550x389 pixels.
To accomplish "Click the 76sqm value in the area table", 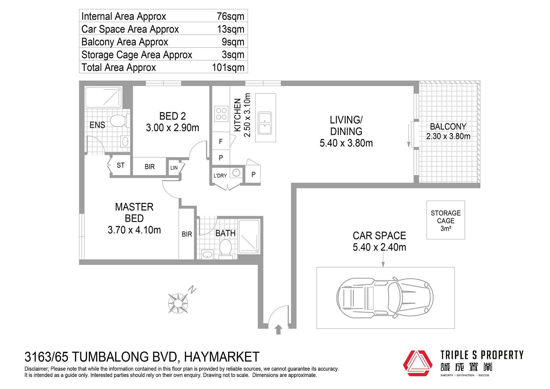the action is click(230, 16).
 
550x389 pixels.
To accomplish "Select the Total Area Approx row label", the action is click(119, 68).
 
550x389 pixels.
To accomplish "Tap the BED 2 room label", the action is click(173, 116).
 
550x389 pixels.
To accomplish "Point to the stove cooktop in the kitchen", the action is click(221, 114).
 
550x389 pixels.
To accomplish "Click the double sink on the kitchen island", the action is click(265, 123).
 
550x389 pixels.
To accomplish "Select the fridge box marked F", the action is click(221, 141).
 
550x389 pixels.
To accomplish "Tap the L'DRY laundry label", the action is click(220, 176).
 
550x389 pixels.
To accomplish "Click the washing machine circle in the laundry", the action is click(236, 173).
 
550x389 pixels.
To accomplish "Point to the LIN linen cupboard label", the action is click(174, 168).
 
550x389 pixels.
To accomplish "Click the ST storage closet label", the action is click(121, 165).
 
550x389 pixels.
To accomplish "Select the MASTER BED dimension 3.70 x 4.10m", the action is click(134, 230).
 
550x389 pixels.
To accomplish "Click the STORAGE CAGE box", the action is click(446, 220).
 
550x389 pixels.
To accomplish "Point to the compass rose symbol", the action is click(178, 303).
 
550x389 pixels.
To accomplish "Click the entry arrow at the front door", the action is click(278, 329).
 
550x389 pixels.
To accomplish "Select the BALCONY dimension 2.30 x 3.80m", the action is click(448, 136).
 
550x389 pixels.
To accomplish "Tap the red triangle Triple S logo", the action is click(418, 363).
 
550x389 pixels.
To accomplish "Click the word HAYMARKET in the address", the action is click(222, 357).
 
